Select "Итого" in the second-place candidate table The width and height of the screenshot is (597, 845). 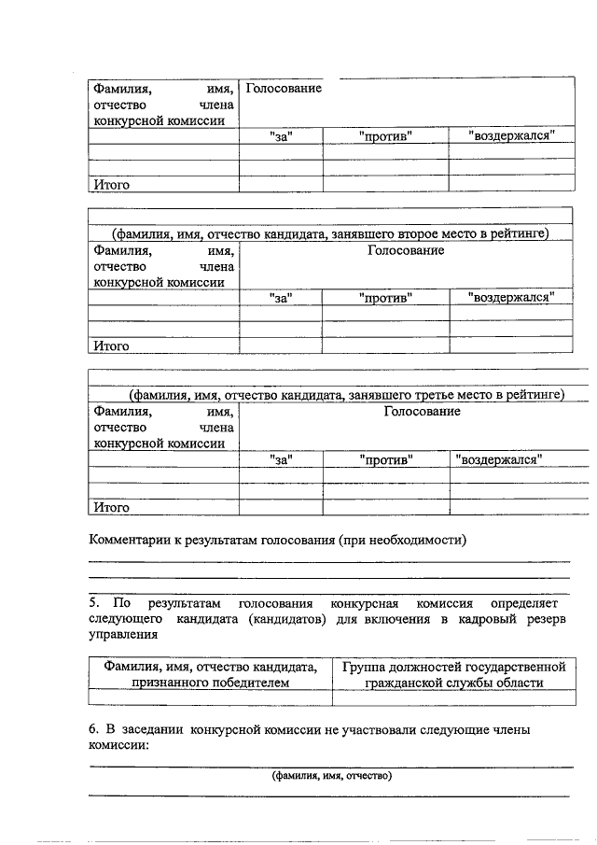(x=110, y=345)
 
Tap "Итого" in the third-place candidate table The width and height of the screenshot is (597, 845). (x=110, y=508)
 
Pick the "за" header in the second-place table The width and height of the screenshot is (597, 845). (x=281, y=298)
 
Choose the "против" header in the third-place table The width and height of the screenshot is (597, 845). (x=385, y=460)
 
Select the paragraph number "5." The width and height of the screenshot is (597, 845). (x=95, y=604)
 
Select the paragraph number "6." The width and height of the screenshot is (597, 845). (x=94, y=731)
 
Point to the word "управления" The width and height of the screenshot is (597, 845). (x=123, y=636)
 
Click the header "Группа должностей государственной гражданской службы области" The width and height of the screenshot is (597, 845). (x=454, y=674)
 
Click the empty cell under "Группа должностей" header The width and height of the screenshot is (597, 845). (x=454, y=697)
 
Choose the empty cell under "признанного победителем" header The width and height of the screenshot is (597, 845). (x=210, y=697)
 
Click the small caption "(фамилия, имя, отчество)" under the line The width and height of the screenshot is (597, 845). (x=331, y=776)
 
